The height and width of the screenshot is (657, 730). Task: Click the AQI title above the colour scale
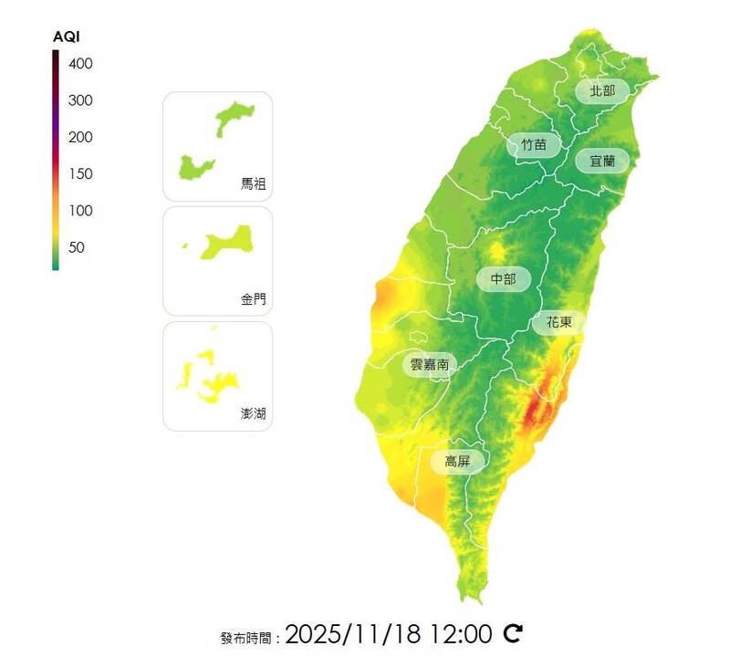pyautogui.click(x=67, y=37)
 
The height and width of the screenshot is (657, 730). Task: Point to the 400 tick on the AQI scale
pyautogui.click(x=80, y=64)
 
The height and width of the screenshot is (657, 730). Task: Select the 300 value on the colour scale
pyautogui.click(x=80, y=100)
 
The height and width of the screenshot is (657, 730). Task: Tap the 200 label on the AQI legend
pyautogui.click(x=80, y=137)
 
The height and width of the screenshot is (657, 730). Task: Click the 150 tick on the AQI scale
pyautogui.click(x=80, y=173)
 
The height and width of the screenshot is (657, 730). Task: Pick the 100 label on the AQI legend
pyautogui.click(x=80, y=211)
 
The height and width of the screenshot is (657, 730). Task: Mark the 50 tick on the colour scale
pyautogui.click(x=77, y=247)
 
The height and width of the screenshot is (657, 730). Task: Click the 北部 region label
pyautogui.click(x=602, y=90)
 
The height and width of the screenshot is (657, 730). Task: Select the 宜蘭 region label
pyautogui.click(x=602, y=161)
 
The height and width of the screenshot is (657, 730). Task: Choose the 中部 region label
pyautogui.click(x=504, y=279)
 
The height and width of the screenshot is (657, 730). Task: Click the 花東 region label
pyautogui.click(x=559, y=322)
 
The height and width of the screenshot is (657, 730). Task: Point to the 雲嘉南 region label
pyautogui.click(x=429, y=364)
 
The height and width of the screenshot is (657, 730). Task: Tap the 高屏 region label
pyautogui.click(x=457, y=461)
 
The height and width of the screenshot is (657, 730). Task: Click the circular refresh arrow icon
pyautogui.click(x=514, y=632)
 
